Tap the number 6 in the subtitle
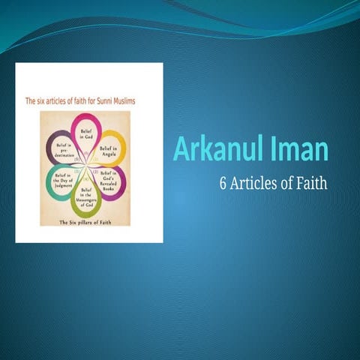[223, 184]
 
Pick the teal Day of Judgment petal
[63, 181]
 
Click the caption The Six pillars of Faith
[88, 223]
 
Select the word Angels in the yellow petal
[110, 153]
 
